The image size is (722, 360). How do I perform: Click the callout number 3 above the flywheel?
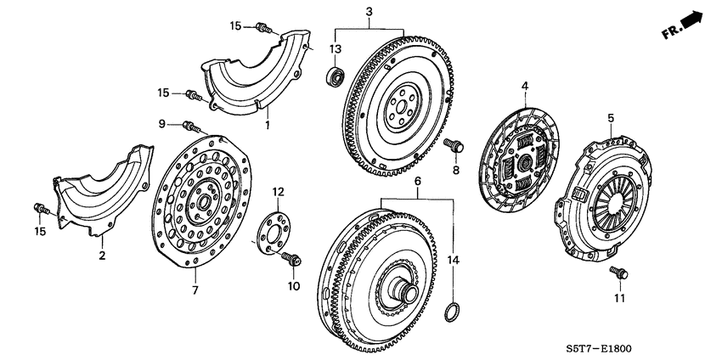point(369,11)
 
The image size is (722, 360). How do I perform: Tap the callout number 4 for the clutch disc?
point(525,86)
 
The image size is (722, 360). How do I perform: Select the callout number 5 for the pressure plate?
point(610,117)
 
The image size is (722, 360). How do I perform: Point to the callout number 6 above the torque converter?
point(417,182)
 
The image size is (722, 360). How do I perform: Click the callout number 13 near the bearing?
point(336,48)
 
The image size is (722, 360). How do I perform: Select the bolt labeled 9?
point(191,128)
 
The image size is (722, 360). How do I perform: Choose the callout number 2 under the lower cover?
point(102,255)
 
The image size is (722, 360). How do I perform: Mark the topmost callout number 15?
point(236,27)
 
